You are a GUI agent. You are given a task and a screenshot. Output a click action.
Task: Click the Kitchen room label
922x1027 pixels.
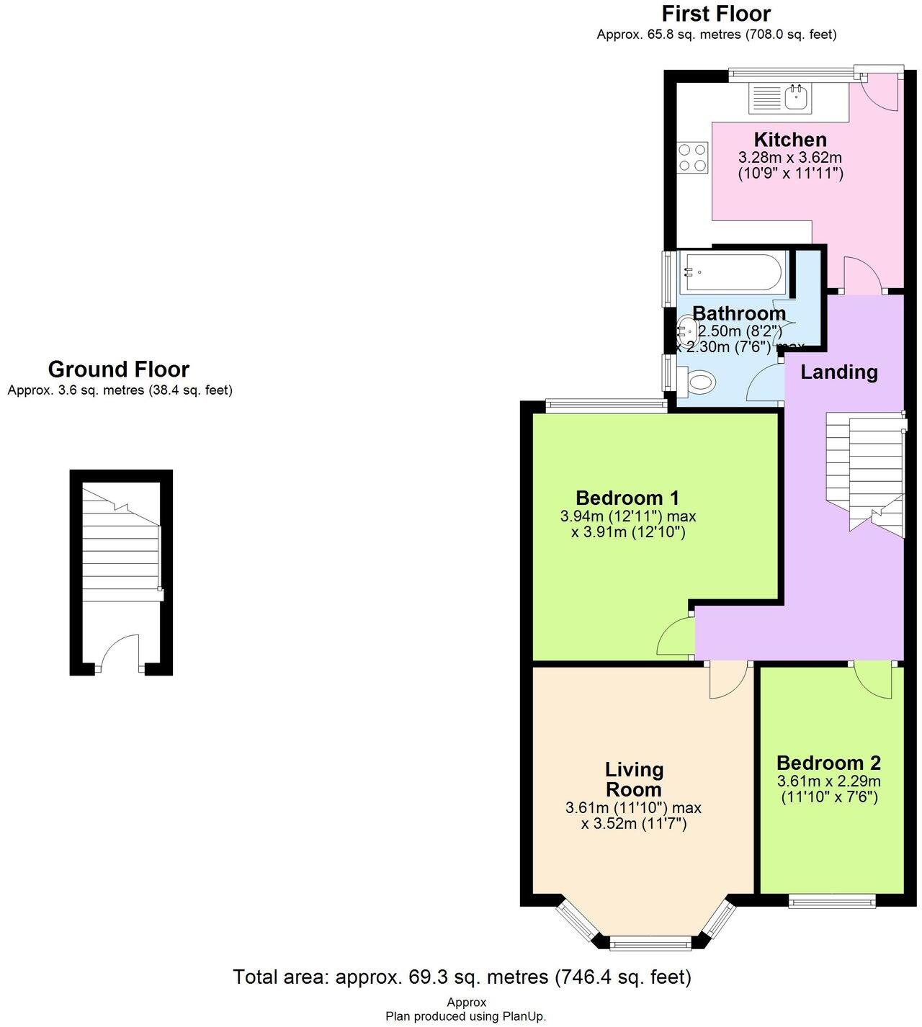pyautogui.click(x=790, y=140)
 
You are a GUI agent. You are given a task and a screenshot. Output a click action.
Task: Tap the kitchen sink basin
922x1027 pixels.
pyautogui.click(x=796, y=98)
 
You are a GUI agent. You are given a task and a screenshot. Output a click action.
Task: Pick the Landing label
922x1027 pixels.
pyautogui.click(x=839, y=372)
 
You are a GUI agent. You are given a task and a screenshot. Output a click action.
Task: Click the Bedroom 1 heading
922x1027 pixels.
pyautogui.click(x=627, y=498)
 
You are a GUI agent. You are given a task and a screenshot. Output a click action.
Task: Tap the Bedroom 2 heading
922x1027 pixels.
pyautogui.click(x=828, y=763)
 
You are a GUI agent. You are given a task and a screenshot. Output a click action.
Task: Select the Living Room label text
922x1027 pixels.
pyautogui.click(x=634, y=779)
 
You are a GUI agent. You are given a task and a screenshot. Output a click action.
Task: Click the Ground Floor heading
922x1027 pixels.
pyautogui.click(x=119, y=369)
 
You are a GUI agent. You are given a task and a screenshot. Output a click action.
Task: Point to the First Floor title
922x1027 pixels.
pyautogui.click(x=716, y=14)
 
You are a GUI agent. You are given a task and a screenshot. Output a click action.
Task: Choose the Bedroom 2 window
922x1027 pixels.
pyautogui.click(x=832, y=900)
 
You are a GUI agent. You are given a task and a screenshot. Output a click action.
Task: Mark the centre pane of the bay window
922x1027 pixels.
pyautogui.click(x=650, y=942)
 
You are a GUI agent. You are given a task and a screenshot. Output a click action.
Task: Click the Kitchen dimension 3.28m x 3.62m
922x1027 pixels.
pyautogui.click(x=790, y=157)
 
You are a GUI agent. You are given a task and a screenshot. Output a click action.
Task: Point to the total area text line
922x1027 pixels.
pyautogui.click(x=462, y=977)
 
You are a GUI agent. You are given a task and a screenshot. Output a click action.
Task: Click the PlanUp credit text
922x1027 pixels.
pyautogui.click(x=465, y=1016)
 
